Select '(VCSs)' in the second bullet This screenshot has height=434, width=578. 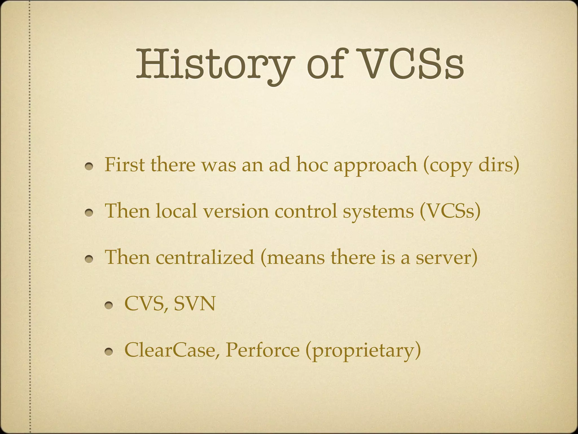point(450,211)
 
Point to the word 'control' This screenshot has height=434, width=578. point(306,211)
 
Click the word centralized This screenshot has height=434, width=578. point(205,257)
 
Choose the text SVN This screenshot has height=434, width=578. point(194,304)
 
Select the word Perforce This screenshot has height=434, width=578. point(262,350)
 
